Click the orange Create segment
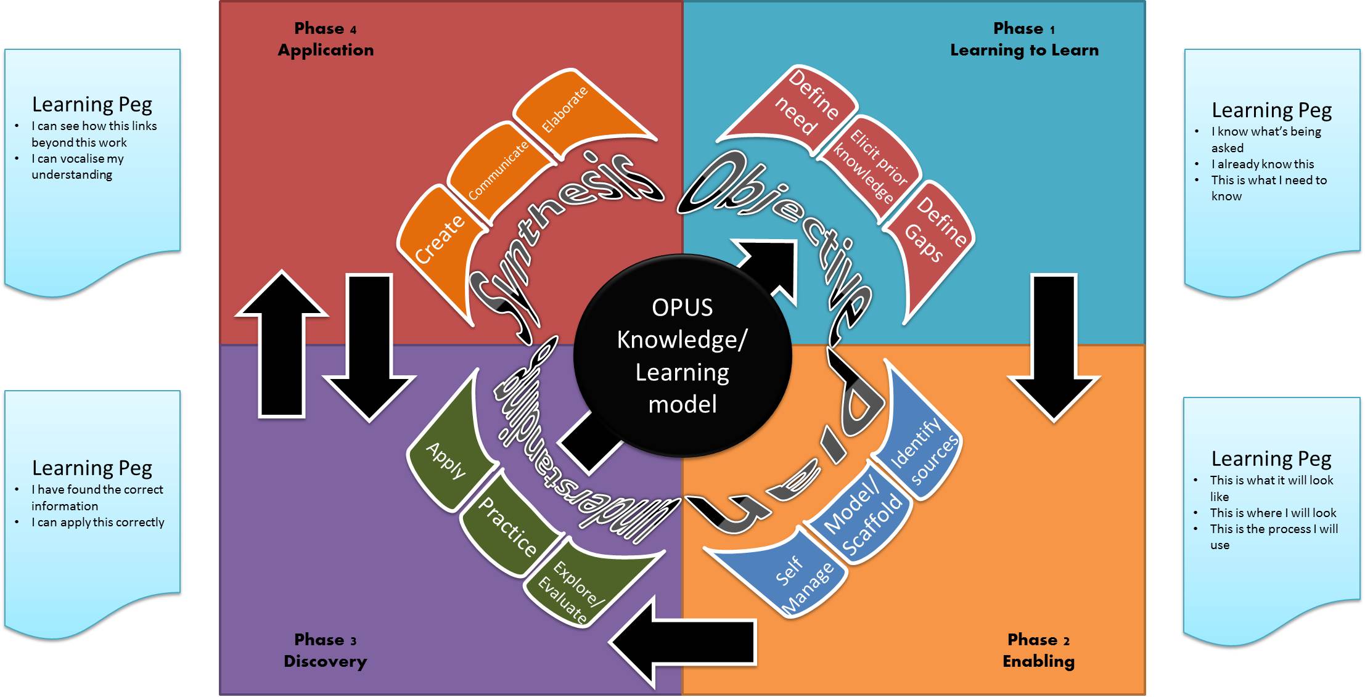tap(438, 240)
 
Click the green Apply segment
tap(447, 462)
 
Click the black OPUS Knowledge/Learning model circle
tap(682, 356)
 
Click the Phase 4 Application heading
tap(326, 39)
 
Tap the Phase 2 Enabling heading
tap(1038, 650)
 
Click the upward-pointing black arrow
tap(282, 345)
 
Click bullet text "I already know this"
tap(1262, 164)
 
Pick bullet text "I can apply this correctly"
tap(97, 522)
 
